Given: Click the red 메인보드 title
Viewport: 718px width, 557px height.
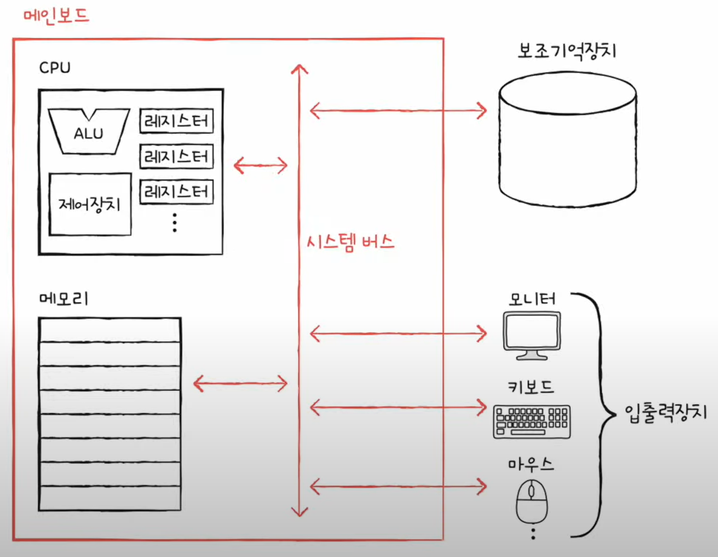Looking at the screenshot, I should pyautogui.click(x=56, y=15).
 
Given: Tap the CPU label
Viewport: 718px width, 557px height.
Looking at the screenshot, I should pyautogui.click(x=55, y=68).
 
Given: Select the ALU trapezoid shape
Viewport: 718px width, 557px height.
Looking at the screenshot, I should pyautogui.click(x=89, y=132).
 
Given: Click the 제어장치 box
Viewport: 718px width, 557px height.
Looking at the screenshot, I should pyautogui.click(x=90, y=204).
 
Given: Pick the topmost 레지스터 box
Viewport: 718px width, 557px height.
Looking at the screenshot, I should pyautogui.click(x=177, y=121).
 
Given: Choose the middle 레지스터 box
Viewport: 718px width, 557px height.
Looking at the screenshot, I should pyautogui.click(x=177, y=157).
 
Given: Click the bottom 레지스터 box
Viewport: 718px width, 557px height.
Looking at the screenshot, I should pyautogui.click(x=177, y=192).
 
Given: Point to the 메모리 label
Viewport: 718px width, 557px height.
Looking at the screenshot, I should pyautogui.click(x=63, y=299).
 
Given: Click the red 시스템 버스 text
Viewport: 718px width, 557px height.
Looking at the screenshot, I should pyautogui.click(x=350, y=242).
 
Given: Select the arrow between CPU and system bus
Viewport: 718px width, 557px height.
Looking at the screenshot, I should pyautogui.click(x=261, y=165).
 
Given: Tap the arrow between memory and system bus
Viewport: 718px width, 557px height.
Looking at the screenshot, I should pyautogui.click(x=241, y=384).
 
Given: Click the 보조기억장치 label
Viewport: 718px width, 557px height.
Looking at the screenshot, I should pyautogui.click(x=567, y=51).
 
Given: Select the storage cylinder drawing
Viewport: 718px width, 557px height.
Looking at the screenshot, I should pyautogui.click(x=567, y=141).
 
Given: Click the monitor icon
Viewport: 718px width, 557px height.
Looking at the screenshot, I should pyautogui.click(x=532, y=335).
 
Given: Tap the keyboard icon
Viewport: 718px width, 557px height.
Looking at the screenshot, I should pyautogui.click(x=532, y=422).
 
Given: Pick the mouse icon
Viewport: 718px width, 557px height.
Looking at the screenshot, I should pyautogui.click(x=532, y=501).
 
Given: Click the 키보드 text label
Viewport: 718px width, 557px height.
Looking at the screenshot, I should pyautogui.click(x=531, y=387).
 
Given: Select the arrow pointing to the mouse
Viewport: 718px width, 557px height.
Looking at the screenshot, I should pyautogui.click(x=398, y=486).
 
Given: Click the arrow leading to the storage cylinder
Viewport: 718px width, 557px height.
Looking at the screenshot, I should pyautogui.click(x=398, y=111).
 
